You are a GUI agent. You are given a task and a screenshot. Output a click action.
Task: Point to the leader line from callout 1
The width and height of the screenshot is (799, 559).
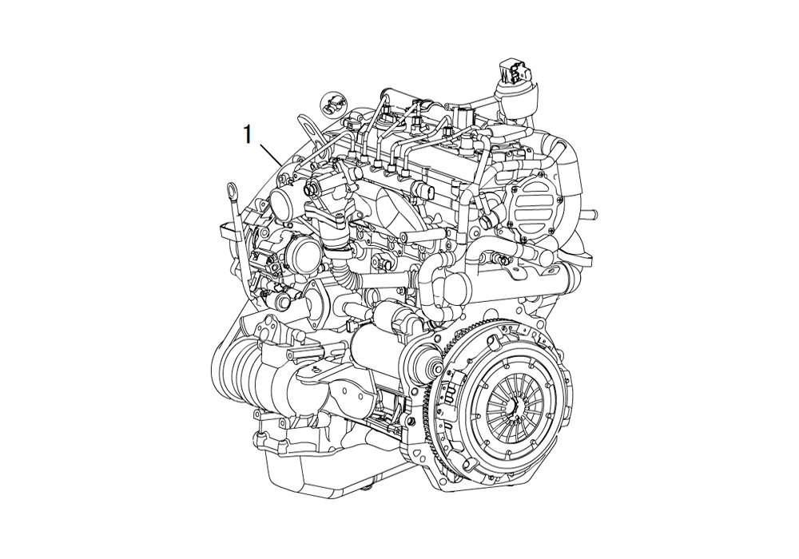(272, 154)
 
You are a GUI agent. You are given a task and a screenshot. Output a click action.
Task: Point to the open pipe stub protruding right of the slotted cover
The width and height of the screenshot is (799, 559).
(588, 212)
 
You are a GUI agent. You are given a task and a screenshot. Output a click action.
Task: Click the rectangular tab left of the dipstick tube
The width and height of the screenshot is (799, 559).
(229, 229)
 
